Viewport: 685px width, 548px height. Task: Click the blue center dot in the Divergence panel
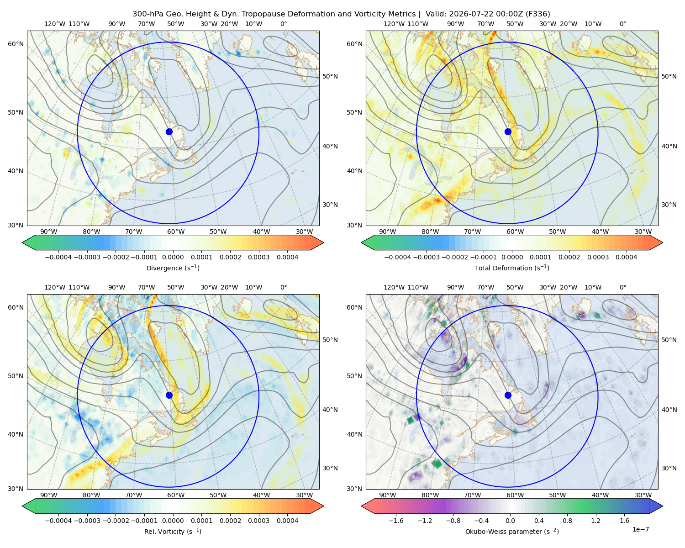click(x=169, y=132)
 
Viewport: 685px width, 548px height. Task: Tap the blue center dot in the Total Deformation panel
click(x=508, y=132)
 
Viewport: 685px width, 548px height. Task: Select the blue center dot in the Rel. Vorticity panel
click(x=169, y=395)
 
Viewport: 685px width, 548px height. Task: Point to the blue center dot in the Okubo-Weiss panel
click(x=508, y=395)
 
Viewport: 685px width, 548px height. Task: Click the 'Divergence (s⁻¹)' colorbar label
click(x=173, y=268)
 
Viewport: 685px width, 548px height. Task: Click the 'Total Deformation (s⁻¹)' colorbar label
click(x=512, y=268)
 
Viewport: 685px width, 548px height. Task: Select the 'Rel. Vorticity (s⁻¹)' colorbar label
click(x=173, y=531)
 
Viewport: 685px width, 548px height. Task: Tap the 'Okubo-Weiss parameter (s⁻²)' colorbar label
click(x=512, y=531)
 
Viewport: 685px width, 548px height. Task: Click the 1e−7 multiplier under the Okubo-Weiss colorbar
click(x=640, y=529)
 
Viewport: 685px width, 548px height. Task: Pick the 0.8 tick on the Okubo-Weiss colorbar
click(x=567, y=521)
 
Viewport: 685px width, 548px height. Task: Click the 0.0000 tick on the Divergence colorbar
click(x=173, y=257)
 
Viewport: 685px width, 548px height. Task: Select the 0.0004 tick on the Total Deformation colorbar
click(x=626, y=257)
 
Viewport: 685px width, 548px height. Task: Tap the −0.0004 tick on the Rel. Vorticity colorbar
click(x=58, y=521)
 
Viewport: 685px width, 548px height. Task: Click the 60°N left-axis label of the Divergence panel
click(x=16, y=44)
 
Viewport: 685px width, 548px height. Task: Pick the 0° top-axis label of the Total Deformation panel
click(x=622, y=24)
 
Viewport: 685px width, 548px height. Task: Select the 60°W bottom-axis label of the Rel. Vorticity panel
click(x=176, y=495)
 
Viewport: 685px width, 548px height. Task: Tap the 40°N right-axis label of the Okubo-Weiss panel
click(x=669, y=410)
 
